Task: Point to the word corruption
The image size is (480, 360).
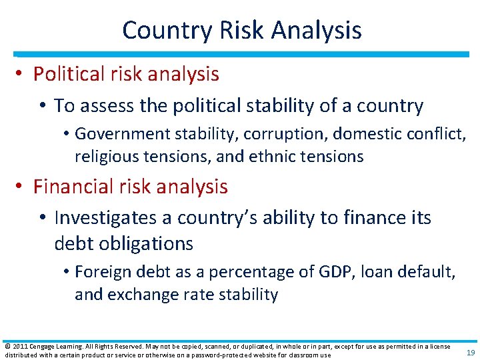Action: coord(285,134)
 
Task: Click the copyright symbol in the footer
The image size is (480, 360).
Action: coord(7,347)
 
